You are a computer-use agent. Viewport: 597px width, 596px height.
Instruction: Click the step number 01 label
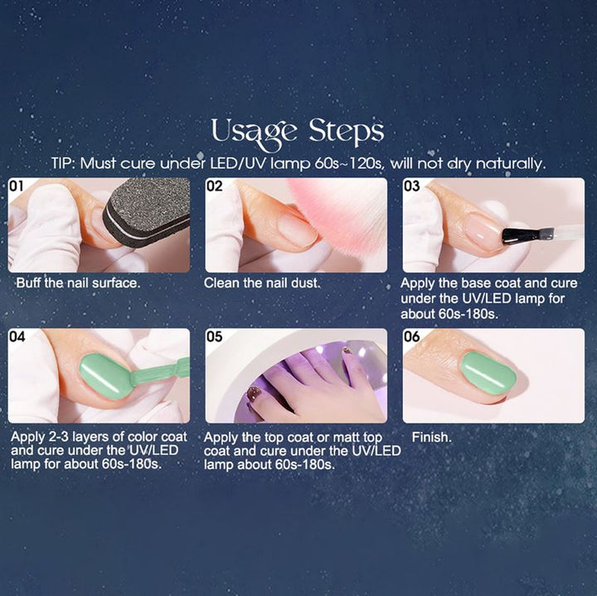[x=17, y=187]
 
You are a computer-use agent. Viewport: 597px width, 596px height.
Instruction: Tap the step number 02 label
[x=215, y=187]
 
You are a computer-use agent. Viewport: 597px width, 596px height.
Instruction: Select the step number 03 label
[x=412, y=187]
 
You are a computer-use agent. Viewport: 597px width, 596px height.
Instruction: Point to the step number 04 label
[x=17, y=337]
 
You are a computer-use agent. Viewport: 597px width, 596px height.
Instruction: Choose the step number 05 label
[x=215, y=337]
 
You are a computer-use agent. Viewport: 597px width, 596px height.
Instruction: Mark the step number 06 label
[x=412, y=337]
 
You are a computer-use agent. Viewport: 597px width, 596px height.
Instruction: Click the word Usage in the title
[x=254, y=132]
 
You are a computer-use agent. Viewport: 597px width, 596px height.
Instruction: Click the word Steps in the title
[x=346, y=132]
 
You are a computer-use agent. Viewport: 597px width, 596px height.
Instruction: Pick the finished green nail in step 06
[x=488, y=373]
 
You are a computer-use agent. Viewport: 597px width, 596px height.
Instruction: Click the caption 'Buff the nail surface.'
[x=78, y=283]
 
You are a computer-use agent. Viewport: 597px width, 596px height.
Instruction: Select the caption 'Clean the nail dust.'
[x=262, y=283]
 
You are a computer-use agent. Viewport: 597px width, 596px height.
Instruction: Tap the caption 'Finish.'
[x=431, y=436]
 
